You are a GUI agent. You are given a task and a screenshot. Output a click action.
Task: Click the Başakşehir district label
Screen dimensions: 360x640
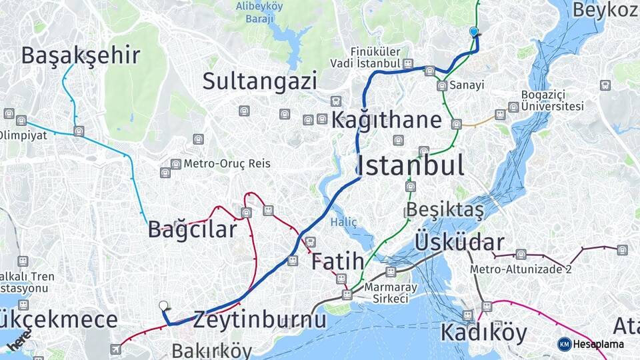tap(81, 55)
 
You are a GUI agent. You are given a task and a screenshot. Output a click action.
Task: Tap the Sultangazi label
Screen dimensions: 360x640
tap(259, 81)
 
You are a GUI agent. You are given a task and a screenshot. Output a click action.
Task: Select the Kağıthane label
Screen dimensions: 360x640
tap(387, 121)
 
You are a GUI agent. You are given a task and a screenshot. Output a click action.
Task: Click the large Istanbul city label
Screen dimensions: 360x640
tap(410, 165)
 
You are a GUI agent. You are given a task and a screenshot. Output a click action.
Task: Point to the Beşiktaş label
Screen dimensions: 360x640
tap(445, 209)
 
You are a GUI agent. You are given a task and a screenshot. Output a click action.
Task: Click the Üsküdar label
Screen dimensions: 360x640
tap(459, 242)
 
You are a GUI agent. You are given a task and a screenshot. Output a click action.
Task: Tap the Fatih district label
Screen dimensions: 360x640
tap(337, 261)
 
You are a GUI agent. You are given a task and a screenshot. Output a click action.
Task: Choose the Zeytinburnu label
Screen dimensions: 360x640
tap(260, 320)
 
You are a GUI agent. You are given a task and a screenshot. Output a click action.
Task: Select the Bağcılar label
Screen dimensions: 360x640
tap(192, 230)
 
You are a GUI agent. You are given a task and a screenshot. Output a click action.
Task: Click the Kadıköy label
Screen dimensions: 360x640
tap(483, 331)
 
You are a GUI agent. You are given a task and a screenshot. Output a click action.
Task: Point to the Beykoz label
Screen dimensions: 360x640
tap(605, 10)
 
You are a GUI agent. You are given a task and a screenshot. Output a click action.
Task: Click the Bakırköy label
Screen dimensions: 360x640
tap(211, 351)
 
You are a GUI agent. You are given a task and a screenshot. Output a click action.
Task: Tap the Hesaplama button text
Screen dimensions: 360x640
tap(598, 344)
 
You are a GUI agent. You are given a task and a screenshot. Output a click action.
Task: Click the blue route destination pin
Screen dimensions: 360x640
tap(474, 31)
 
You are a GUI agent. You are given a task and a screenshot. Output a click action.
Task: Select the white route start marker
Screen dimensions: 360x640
tap(164, 306)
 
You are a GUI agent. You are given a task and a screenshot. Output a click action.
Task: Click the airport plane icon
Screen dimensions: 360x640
tap(116, 349)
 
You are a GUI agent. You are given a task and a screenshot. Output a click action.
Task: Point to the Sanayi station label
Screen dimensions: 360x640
tap(466, 85)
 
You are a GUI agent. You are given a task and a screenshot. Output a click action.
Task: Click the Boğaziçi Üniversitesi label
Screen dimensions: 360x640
tap(553, 101)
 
